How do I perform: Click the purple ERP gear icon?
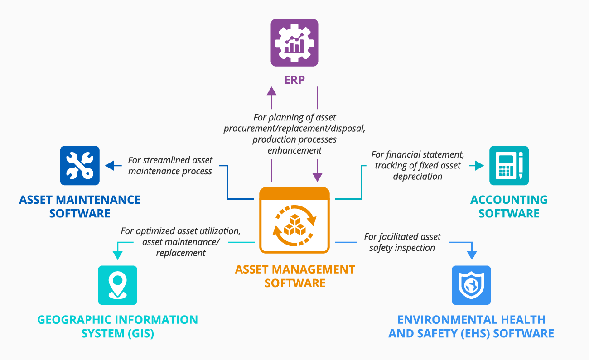pyautogui.click(x=294, y=43)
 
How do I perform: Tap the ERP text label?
pyautogui.click(x=294, y=80)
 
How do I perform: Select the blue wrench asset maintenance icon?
pyautogui.click(x=80, y=165)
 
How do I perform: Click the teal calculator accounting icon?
pyautogui.click(x=509, y=165)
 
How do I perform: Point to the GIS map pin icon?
pyautogui.click(x=117, y=285)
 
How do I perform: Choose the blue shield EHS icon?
pyautogui.click(x=471, y=285)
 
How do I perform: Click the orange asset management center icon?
pyautogui.click(x=294, y=220)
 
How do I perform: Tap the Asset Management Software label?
pyautogui.click(x=294, y=276)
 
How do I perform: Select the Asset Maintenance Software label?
pyautogui.click(x=80, y=206)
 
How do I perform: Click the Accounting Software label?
pyautogui.click(x=509, y=206)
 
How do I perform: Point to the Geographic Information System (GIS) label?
pyautogui.click(x=117, y=326)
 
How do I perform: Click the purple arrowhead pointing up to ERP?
pyautogui.click(x=271, y=91)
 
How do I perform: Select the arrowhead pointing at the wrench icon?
pyautogui.click(x=110, y=166)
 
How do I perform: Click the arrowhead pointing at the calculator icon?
pyautogui.click(x=479, y=166)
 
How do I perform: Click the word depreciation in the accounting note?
pyautogui.click(x=418, y=177)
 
